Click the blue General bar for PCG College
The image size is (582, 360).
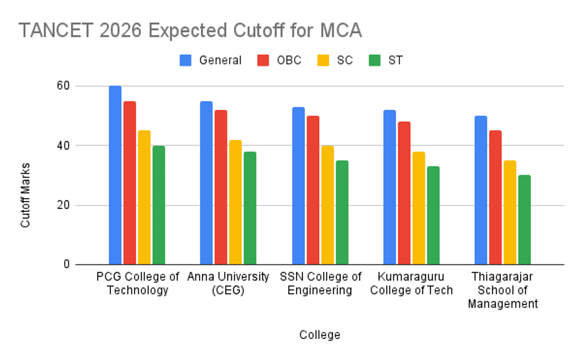tap(115, 175)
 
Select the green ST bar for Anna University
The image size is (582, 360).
tap(250, 208)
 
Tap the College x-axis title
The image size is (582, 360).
tap(320, 335)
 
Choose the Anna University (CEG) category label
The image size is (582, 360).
tap(228, 283)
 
